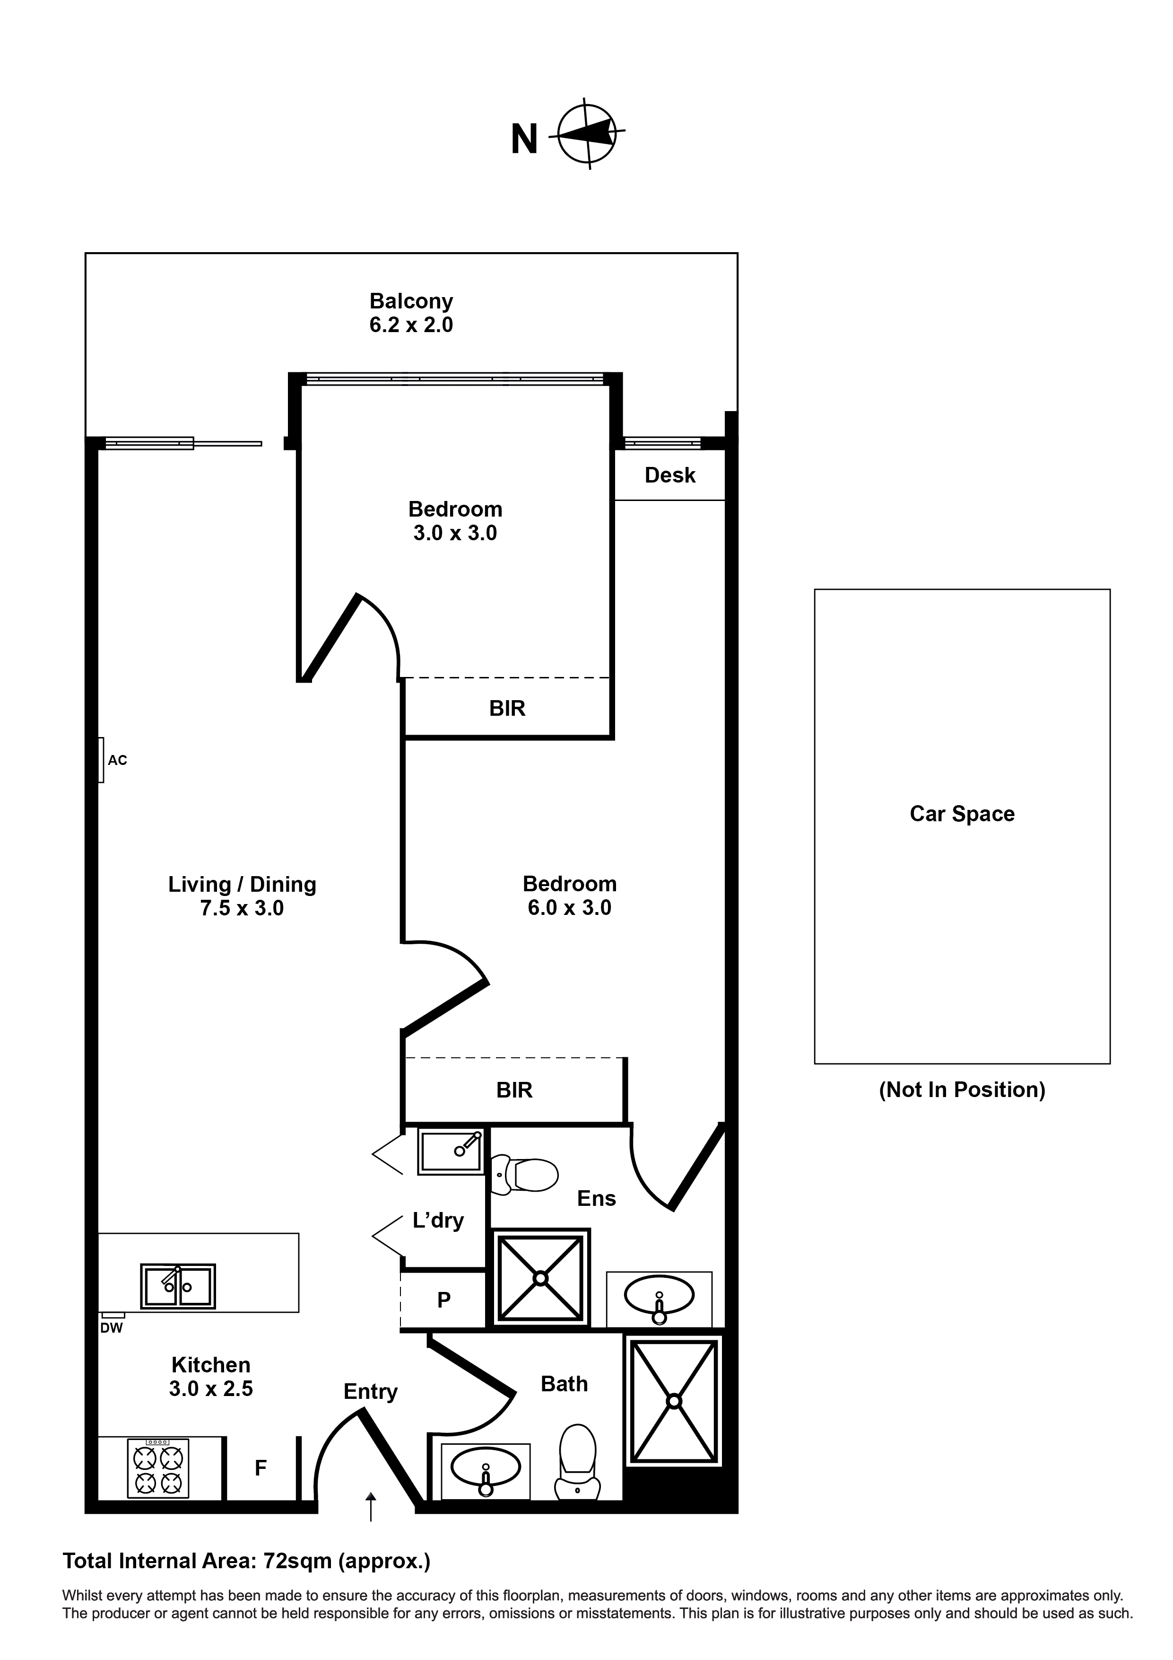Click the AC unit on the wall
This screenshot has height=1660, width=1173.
pos(101,759)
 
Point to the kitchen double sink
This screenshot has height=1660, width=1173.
pos(178,1286)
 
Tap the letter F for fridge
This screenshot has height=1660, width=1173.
pos(261,1467)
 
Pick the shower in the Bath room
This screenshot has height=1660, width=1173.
pos(674,1401)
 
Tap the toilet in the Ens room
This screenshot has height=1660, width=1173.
pos(526,1175)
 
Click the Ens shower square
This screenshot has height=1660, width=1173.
pos(540,1278)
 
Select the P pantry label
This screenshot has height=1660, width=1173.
pos(444,1300)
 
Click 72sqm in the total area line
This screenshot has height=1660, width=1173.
pos(297,1561)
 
